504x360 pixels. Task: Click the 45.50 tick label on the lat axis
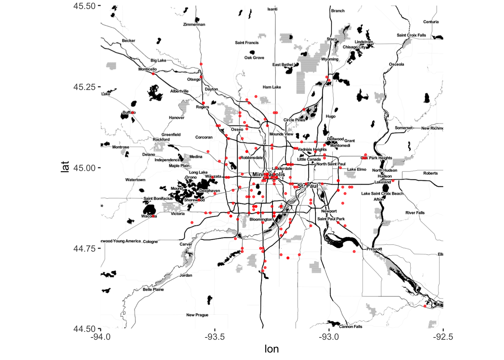[85, 6]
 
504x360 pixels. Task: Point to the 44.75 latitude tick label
[85, 249]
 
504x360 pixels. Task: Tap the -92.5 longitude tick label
[442, 337]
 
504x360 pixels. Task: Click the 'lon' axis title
[271, 349]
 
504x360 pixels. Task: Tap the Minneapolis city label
[268, 174]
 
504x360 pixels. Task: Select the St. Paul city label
[308, 186]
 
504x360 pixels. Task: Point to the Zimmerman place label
[194, 24]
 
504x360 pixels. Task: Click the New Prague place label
[197, 315]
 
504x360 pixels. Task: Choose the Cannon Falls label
[351, 327]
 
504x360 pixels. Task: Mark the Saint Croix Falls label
[411, 35]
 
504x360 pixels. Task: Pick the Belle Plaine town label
[153, 289]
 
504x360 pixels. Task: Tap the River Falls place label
[415, 213]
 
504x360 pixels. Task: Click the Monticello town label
[147, 69]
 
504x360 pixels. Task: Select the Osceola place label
[396, 64]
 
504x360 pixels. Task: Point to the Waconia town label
[149, 216]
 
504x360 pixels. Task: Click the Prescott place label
[374, 249]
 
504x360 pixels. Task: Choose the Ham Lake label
[272, 87]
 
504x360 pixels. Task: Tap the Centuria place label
[431, 22]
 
